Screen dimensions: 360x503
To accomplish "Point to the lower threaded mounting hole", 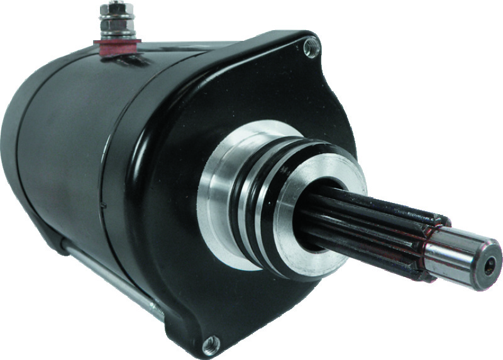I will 211,342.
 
